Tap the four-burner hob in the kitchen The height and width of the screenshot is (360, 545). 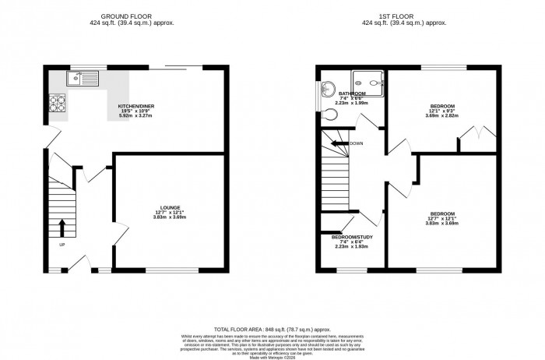(57, 101)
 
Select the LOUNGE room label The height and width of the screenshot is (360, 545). (171, 207)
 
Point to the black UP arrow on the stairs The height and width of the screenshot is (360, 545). (63, 227)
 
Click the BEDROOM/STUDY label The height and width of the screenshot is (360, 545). (350, 236)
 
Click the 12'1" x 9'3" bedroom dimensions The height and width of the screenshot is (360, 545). (442, 111)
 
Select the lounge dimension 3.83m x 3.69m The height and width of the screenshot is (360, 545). (171, 217)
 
